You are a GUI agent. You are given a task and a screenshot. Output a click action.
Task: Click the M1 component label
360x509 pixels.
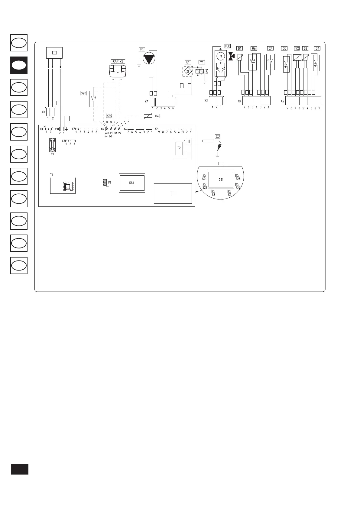point(142,49)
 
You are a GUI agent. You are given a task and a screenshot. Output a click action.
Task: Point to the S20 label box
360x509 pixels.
point(83,93)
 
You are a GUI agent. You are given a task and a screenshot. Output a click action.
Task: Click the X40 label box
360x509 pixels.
point(109,116)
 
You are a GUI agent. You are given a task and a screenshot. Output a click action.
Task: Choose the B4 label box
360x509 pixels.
point(157,116)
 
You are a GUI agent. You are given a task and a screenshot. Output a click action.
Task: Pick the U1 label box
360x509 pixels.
point(188,62)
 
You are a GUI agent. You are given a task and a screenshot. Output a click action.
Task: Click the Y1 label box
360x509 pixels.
point(202,62)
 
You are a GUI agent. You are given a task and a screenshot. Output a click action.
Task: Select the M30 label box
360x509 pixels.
point(228,46)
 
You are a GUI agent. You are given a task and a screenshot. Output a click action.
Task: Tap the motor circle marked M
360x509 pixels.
point(221,56)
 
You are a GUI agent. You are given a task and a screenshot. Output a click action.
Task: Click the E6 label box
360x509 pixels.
point(254,48)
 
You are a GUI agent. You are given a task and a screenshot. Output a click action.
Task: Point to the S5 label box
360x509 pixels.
point(284,48)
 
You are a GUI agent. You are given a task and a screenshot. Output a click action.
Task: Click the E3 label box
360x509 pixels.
point(218,136)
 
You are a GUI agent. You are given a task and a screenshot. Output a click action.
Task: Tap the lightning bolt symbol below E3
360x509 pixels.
point(219,148)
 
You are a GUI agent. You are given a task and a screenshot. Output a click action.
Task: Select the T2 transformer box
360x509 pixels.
point(179,148)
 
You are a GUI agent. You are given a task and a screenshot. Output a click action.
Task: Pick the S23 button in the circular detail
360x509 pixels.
point(238,175)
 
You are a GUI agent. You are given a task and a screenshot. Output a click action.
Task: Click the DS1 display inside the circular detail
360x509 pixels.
point(221,180)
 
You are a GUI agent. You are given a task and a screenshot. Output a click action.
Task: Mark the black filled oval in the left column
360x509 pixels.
point(19,65)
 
